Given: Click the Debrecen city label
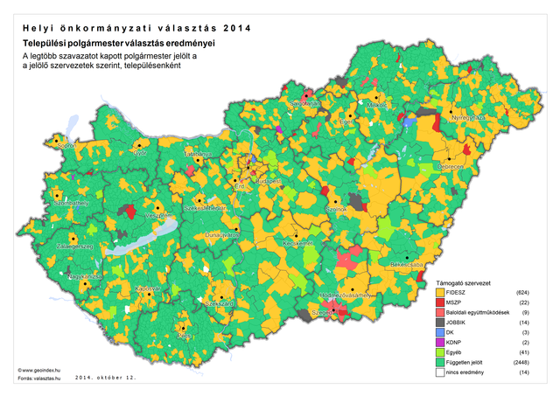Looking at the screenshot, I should pos(451,166).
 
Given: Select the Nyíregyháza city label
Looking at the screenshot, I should pos(466,117).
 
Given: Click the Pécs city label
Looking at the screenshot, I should pos(183,335).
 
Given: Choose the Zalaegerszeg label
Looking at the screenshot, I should pos(74,247).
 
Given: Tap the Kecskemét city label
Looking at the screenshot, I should pos(299,244).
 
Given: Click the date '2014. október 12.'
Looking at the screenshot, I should pos(106,379).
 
